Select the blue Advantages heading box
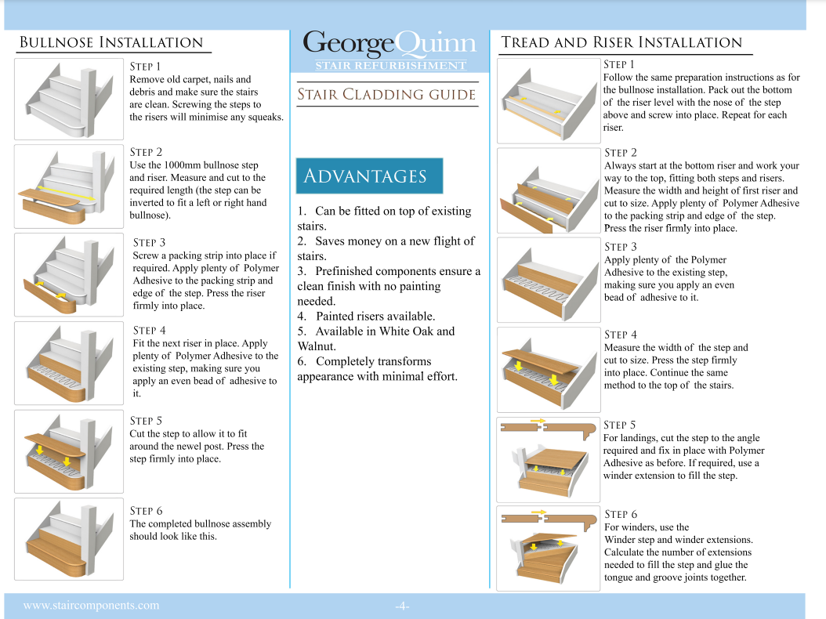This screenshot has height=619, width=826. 369,176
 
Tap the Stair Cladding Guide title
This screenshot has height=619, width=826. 386,95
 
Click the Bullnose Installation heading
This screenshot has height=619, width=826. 110,42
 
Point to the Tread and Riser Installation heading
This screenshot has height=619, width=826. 621,42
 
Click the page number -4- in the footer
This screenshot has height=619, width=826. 402,606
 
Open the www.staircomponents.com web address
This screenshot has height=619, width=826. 91,605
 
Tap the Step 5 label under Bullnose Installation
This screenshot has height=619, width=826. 146,421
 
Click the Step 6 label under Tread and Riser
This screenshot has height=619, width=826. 621,514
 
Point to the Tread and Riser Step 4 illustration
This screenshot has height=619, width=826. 548,368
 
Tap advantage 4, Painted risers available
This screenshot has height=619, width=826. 366,316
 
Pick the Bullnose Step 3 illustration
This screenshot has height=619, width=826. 69,275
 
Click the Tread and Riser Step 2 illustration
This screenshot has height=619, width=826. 548,190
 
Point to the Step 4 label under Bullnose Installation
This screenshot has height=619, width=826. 150,331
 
